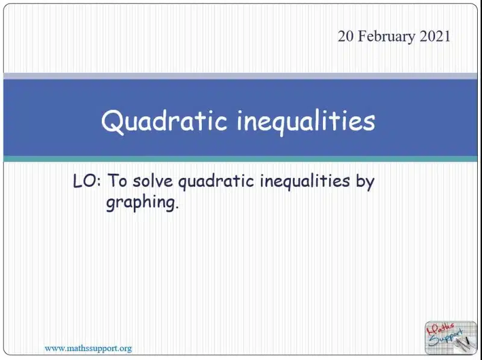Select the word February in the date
pos(386,37)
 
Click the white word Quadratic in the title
pos(164,121)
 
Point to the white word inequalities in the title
pos(306,122)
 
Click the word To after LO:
pos(117,181)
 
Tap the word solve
pos(153,181)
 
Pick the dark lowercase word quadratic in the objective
pos(216,182)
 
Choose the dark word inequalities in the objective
pos(305,182)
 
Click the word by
pos(365,182)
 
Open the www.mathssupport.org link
pos(88,349)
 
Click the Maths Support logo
pos(451,338)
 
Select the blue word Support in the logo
pos(446,338)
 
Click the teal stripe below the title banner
pos(240,159)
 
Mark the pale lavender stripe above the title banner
pos(240,76)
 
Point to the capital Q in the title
pos(113,122)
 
